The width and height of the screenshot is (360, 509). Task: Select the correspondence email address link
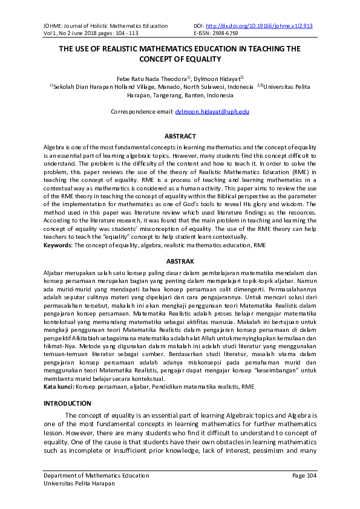[x=212, y=112]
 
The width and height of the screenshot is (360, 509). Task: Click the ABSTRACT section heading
[x=180, y=137]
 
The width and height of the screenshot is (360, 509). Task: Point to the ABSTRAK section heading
[x=180, y=261]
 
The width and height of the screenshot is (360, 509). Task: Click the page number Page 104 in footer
[x=304, y=476]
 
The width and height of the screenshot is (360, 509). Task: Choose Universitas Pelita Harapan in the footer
[x=79, y=484]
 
